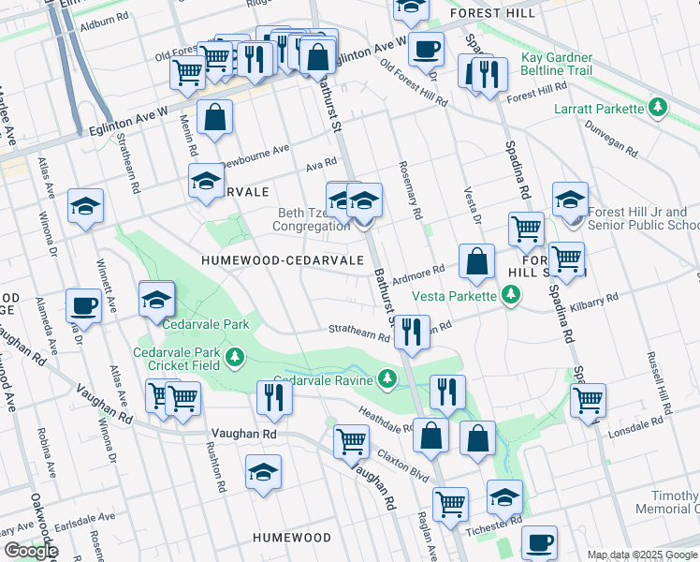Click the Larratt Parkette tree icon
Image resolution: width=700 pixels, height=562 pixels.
659,109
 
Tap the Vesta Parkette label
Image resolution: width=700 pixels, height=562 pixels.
456,297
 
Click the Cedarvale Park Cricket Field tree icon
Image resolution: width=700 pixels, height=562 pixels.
235,357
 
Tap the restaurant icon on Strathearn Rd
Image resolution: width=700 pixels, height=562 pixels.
409,333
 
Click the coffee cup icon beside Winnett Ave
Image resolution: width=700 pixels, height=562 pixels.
83,306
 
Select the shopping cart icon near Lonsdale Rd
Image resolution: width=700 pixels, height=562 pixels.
588,400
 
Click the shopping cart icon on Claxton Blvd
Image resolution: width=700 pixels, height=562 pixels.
351,439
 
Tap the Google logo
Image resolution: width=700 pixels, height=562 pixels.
30,550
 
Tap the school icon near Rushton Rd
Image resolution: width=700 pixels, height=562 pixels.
263,473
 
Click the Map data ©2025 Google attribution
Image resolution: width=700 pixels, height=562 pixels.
642,555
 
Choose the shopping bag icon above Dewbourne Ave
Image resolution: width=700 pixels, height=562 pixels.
214,119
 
